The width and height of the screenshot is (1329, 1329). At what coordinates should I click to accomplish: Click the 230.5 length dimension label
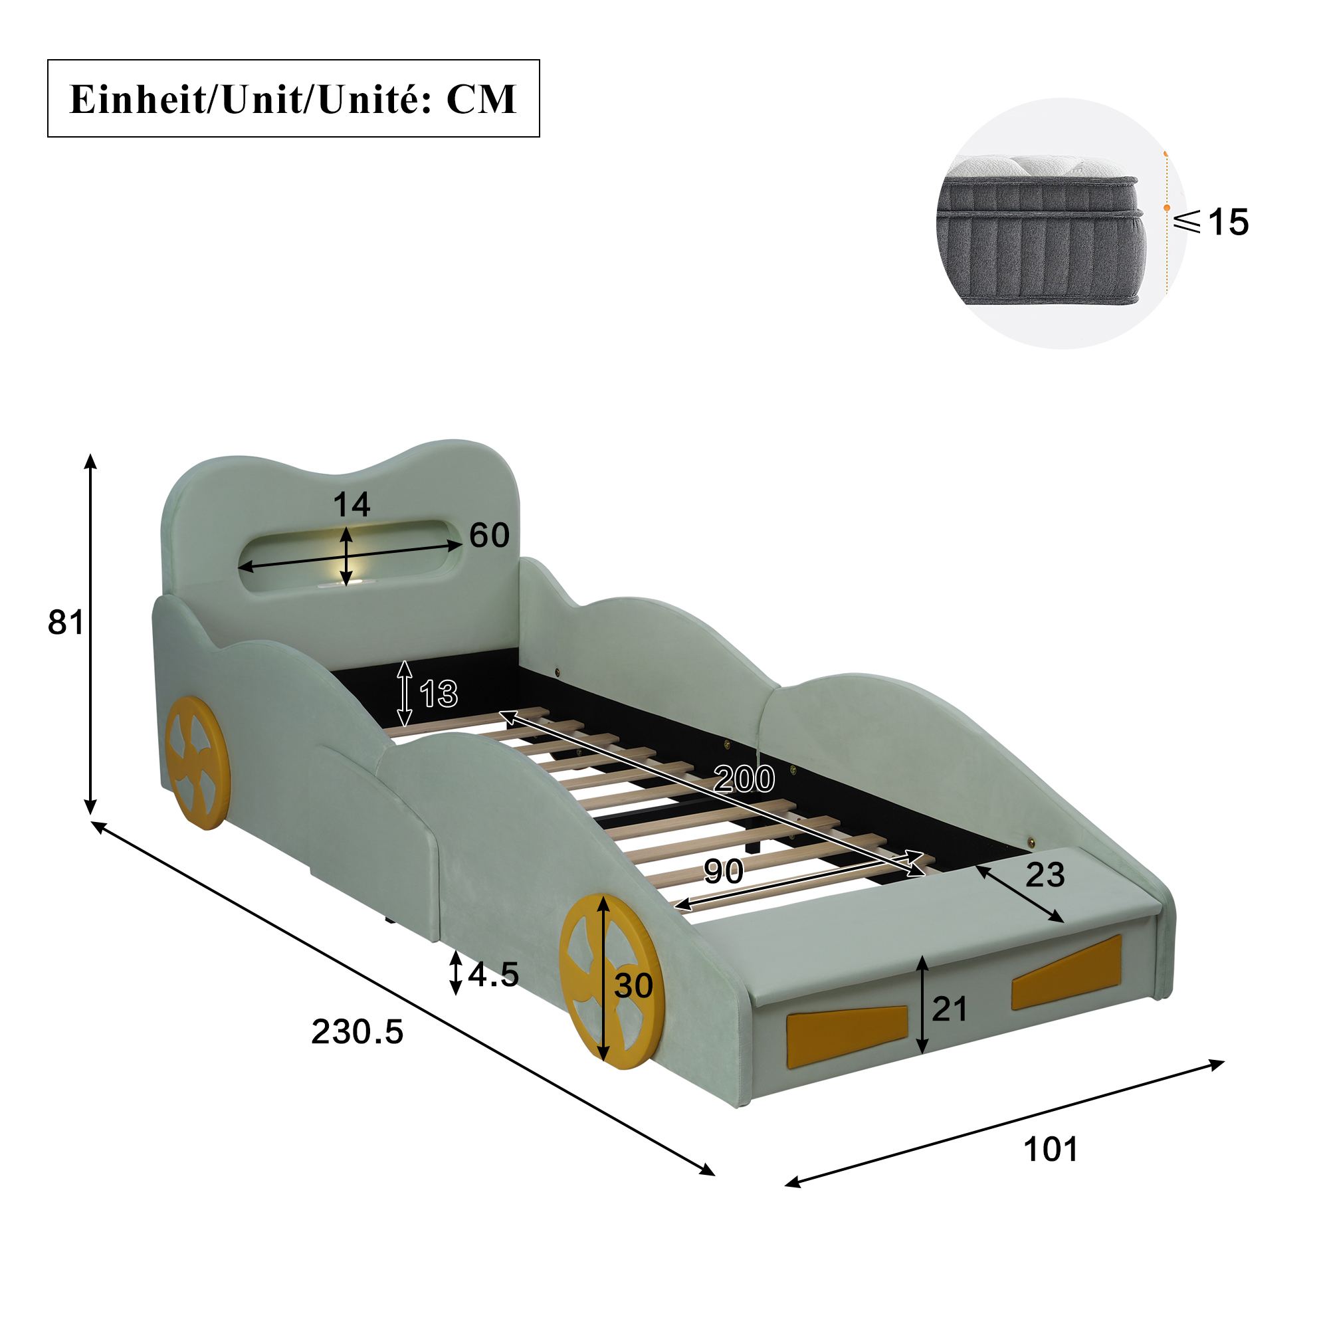(x=357, y=1032)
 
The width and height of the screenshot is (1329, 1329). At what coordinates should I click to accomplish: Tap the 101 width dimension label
(x=1051, y=1150)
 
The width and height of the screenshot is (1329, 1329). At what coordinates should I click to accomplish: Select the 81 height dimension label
(x=65, y=622)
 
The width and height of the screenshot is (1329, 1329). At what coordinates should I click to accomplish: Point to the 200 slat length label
(x=744, y=779)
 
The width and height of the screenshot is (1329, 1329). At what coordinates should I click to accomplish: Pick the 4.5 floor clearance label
(x=493, y=974)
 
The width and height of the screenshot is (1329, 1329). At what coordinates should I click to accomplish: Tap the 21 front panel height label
(x=950, y=1009)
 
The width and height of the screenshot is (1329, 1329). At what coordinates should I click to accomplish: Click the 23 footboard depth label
(x=1045, y=875)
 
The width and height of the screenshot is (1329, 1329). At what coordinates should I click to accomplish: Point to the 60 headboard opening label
(x=489, y=535)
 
